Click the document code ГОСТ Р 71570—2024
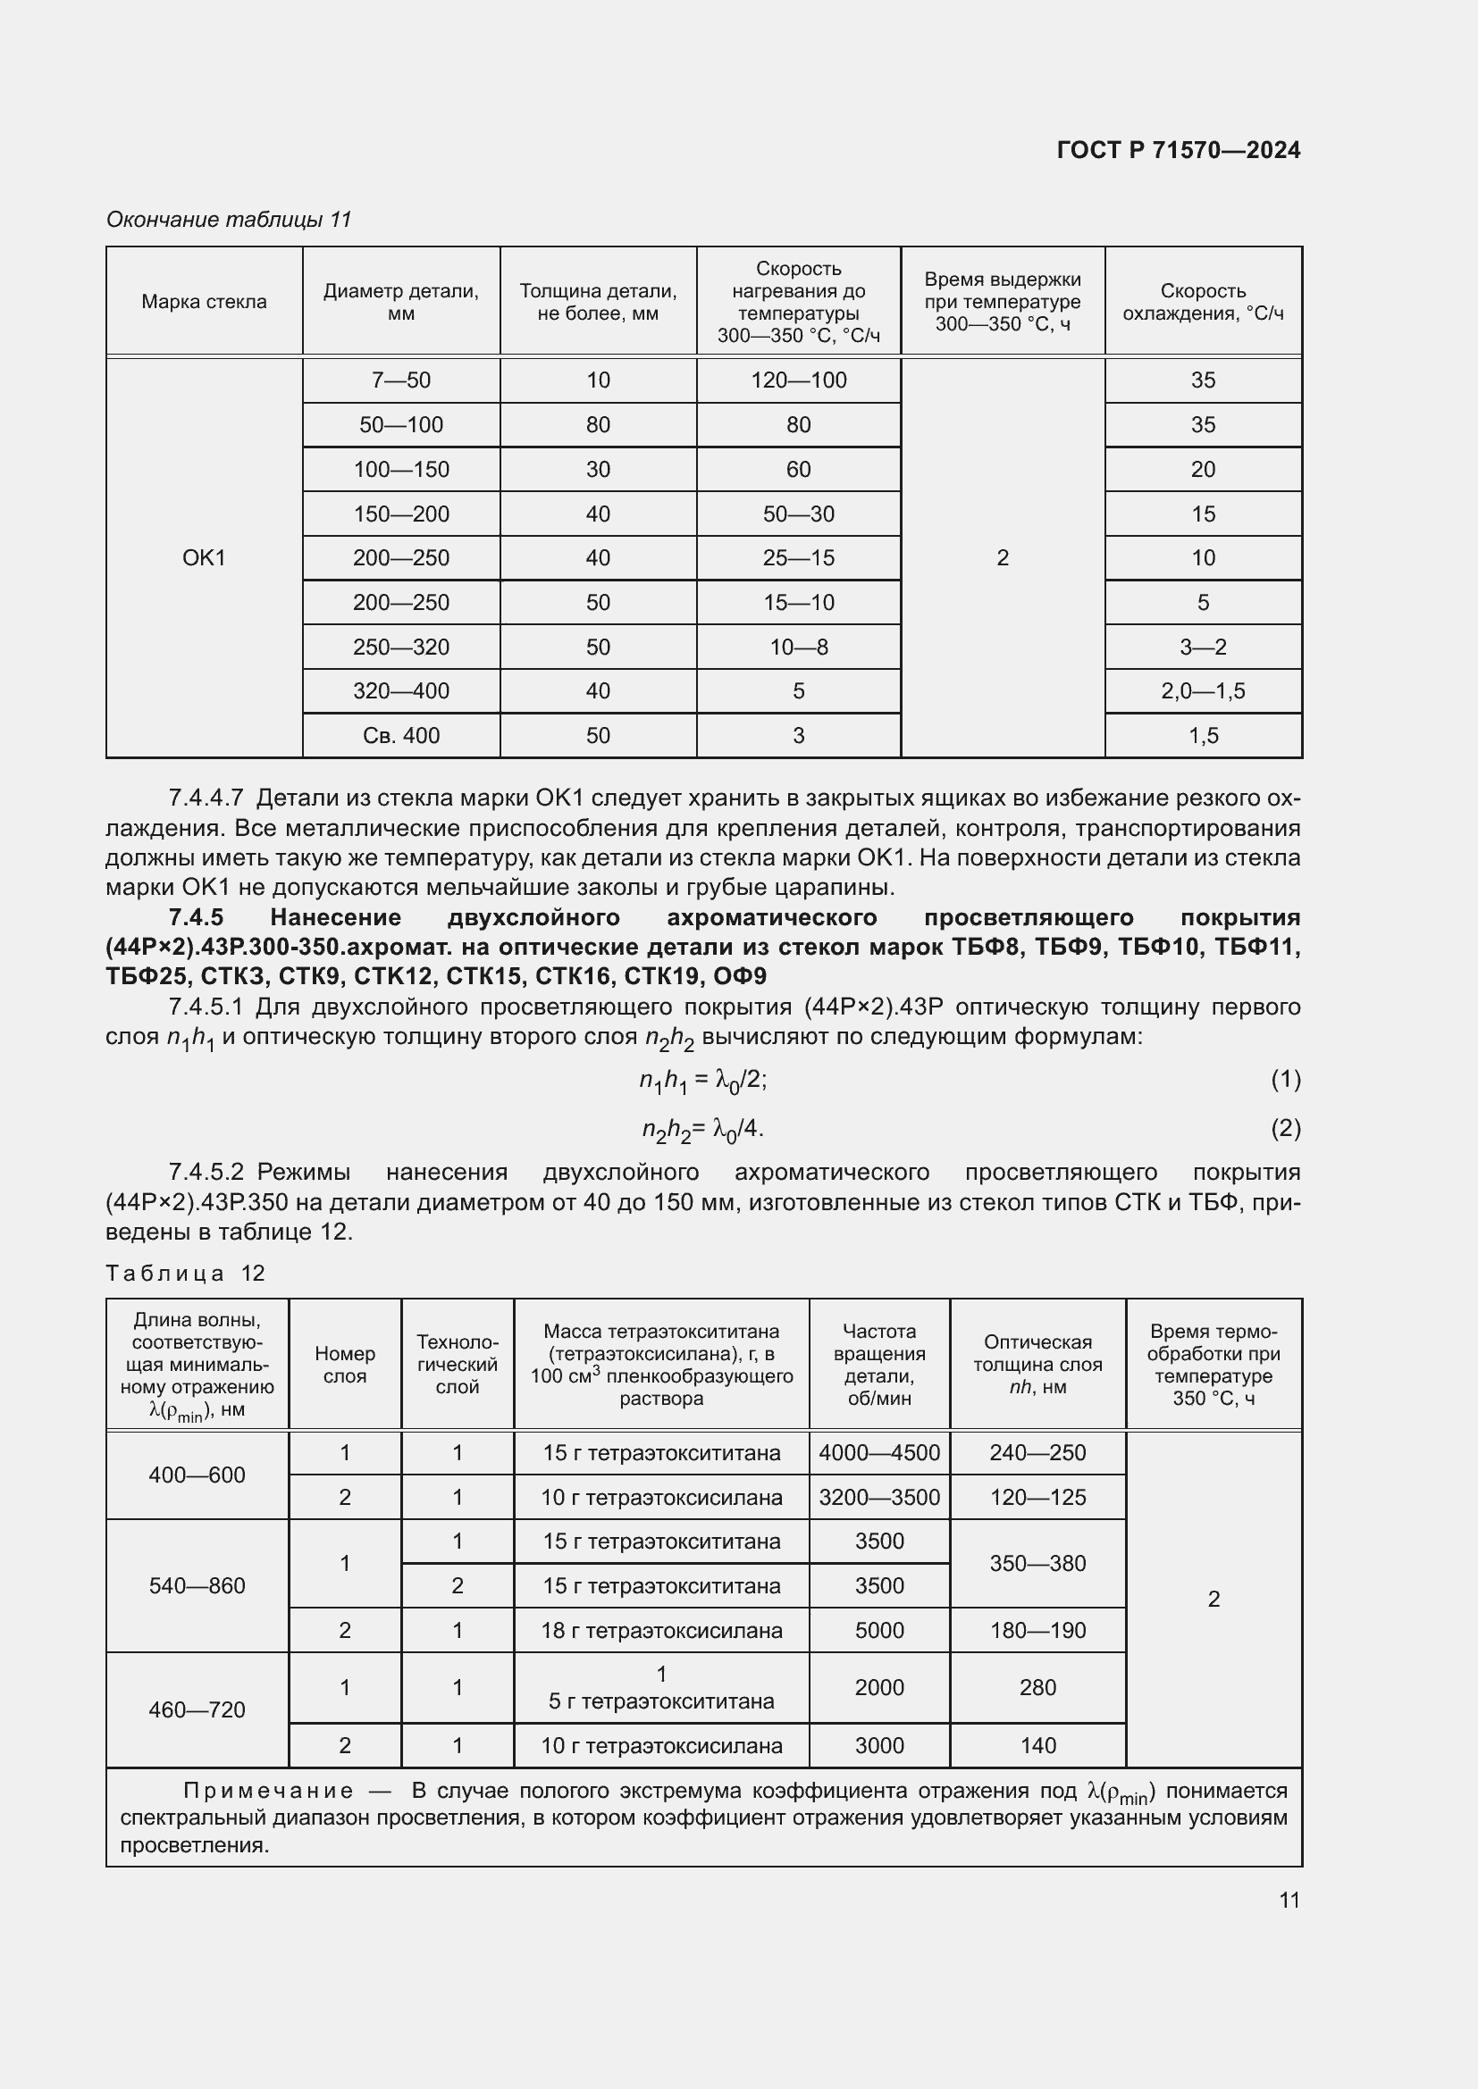1178,150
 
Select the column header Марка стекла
204,302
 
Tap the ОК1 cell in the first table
204,557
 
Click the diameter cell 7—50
400,380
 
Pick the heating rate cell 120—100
798,380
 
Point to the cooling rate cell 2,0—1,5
1202,690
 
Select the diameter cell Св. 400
400,735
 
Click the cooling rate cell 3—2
1202,647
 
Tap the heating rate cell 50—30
798,514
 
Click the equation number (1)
1285,1080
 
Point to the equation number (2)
1285,1128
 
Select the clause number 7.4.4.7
206,798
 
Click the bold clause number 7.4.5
196,917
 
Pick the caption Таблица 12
185,1273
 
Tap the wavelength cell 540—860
197,1586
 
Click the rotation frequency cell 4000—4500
878,1453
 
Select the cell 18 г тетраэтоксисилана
660,1631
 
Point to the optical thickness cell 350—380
1037,1563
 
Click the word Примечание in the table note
267,1791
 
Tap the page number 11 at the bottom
1289,1900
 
